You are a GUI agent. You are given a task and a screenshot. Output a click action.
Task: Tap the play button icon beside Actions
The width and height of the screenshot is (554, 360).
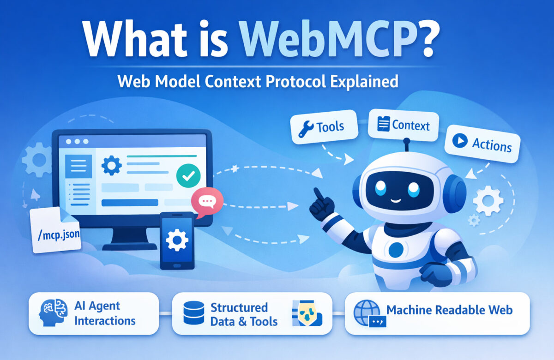click(x=460, y=141)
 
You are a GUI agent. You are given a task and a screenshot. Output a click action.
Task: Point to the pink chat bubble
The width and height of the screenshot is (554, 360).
click(x=206, y=201)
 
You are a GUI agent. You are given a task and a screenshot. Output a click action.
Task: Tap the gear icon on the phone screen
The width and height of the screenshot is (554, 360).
click(x=177, y=240)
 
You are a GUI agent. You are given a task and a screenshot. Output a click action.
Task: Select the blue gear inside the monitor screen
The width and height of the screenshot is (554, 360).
click(x=111, y=165)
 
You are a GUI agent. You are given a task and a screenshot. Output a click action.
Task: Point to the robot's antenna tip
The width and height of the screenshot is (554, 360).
click(x=408, y=140)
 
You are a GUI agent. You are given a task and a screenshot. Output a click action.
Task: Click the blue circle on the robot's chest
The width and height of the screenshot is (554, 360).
click(x=396, y=250)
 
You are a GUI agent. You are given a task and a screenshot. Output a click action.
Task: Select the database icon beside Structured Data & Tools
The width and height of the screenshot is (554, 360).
click(x=193, y=313)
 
